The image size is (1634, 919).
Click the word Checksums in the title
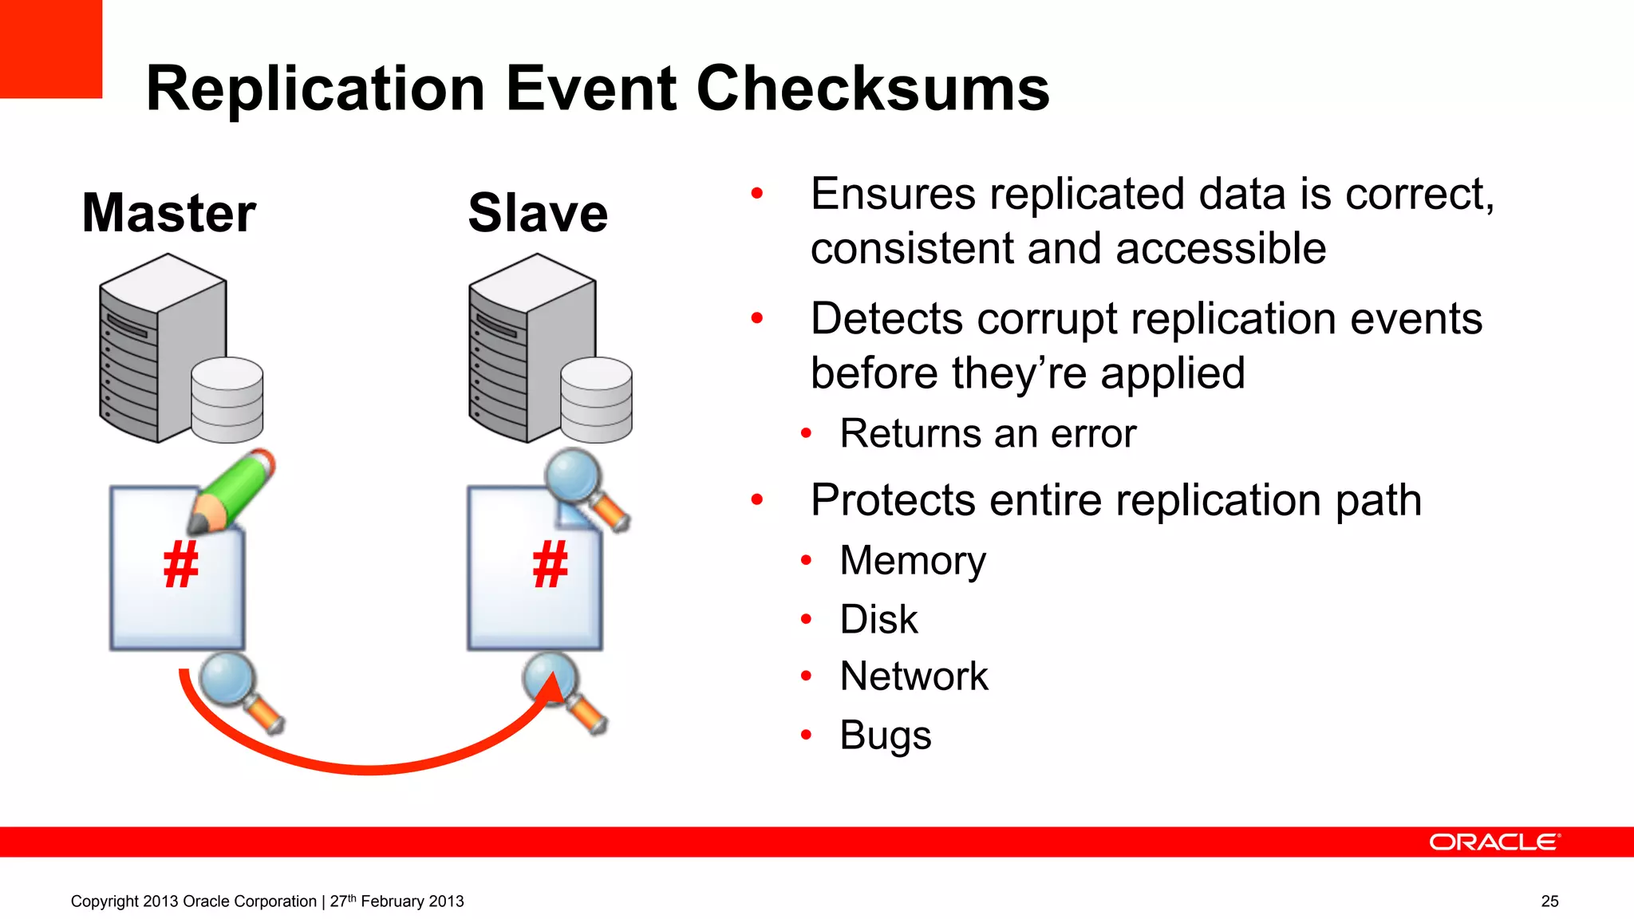point(873,89)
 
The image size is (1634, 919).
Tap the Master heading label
point(169,213)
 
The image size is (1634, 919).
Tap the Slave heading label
point(538,213)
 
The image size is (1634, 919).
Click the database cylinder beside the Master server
point(227,400)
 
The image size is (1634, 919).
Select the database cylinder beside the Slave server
point(596,400)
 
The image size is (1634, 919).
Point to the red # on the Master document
point(180,565)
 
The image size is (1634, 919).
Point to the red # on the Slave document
point(550,565)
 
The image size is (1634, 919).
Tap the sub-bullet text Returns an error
point(988,434)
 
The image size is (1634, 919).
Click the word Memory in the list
point(913,560)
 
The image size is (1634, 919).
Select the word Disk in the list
point(878,619)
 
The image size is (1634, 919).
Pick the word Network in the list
point(914,676)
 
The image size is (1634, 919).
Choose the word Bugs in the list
point(885,735)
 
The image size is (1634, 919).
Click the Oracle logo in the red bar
point(1494,842)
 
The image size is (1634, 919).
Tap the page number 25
point(1549,901)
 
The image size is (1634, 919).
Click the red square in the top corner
point(50,48)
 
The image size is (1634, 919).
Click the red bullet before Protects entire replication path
point(757,500)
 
